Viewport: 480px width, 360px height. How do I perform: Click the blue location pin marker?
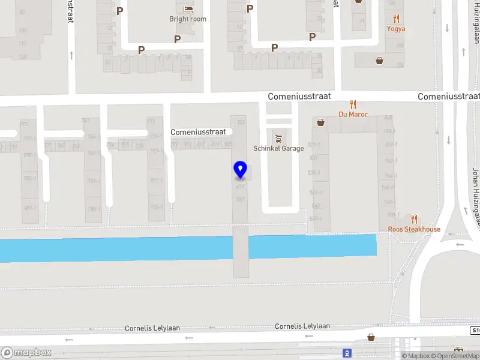pos(241,170)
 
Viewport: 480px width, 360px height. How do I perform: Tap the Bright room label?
pos(188,19)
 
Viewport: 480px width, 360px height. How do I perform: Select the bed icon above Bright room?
pos(188,9)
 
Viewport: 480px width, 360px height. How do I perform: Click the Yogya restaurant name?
pos(396,28)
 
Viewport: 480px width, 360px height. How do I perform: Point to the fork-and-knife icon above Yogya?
pos(396,19)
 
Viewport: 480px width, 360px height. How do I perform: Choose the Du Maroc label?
pos(353,114)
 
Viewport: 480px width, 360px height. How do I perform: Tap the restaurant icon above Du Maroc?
pos(353,104)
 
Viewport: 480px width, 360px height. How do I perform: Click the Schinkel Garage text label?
pos(278,148)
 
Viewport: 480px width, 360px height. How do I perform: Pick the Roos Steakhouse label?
pos(414,229)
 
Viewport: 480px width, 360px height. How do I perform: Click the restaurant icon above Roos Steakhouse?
pos(414,219)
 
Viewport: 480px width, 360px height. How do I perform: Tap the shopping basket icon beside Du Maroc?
pos(321,122)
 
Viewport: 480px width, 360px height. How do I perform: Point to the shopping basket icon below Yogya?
pos(380,60)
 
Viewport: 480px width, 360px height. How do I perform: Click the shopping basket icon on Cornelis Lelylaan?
pos(371,337)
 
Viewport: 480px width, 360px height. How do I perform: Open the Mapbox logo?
pos(26,353)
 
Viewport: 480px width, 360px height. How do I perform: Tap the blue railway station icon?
pos(347,353)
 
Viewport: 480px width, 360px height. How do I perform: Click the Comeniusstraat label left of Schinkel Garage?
pos(198,131)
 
